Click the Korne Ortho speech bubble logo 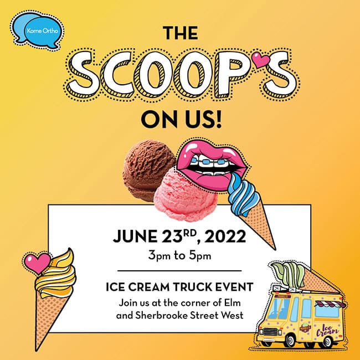[x=37, y=30]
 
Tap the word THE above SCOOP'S [x=181, y=33]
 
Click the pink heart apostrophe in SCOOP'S [x=261, y=60]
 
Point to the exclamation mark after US [x=218, y=119]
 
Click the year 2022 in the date [x=225, y=236]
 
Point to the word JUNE [x=135, y=236]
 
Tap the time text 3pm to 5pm [x=179, y=255]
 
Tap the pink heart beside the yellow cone [x=37, y=263]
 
